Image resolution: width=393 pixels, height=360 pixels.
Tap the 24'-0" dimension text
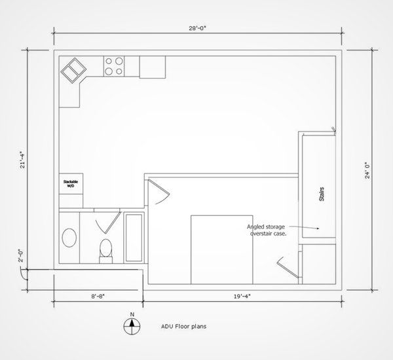pyautogui.click(x=369, y=170)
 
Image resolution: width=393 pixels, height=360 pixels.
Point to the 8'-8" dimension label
pyautogui.click(x=98, y=297)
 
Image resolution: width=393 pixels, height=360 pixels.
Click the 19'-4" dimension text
pyautogui.click(x=241, y=297)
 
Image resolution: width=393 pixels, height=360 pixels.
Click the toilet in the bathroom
pyautogui.click(x=105, y=250)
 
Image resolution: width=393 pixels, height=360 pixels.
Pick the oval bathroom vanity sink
pyautogui.click(x=68, y=237)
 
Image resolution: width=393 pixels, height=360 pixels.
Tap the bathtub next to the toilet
pyautogui.click(x=134, y=237)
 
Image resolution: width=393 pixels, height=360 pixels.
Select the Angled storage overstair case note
pyautogui.click(x=266, y=230)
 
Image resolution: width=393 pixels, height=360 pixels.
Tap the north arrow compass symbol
pyautogui.click(x=132, y=325)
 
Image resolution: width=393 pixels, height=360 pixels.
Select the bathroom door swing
pyautogui.click(x=105, y=225)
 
